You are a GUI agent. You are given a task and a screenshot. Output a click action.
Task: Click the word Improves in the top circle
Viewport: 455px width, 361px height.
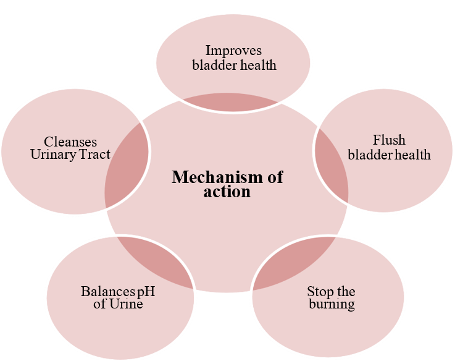click(x=233, y=51)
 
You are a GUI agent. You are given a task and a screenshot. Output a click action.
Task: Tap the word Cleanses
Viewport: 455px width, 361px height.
click(x=70, y=142)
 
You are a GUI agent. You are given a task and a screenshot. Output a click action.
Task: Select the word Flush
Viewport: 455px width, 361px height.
click(x=389, y=140)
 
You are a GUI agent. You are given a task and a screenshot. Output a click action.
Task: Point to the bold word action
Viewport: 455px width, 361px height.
click(x=227, y=192)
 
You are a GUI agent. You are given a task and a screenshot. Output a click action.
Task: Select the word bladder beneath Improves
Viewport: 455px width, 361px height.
click(x=212, y=64)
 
